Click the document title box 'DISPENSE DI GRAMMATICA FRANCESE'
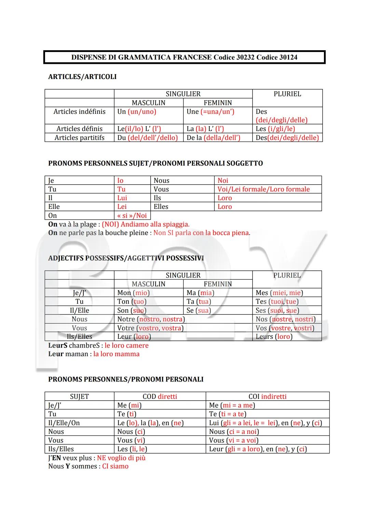[184, 57]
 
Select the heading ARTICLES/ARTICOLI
[82, 77]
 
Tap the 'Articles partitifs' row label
[79, 138]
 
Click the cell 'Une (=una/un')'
[210, 112]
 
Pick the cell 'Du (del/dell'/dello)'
[148, 138]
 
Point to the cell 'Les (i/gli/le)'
[275, 129]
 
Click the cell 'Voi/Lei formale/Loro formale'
[263, 189]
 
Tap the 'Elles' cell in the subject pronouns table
[161, 207]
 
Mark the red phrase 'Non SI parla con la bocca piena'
[201, 233]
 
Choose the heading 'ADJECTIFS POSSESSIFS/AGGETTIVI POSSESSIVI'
[126, 258]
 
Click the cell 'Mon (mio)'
[134, 293]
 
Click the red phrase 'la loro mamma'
[116, 354]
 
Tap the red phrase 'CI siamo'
[115, 467]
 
